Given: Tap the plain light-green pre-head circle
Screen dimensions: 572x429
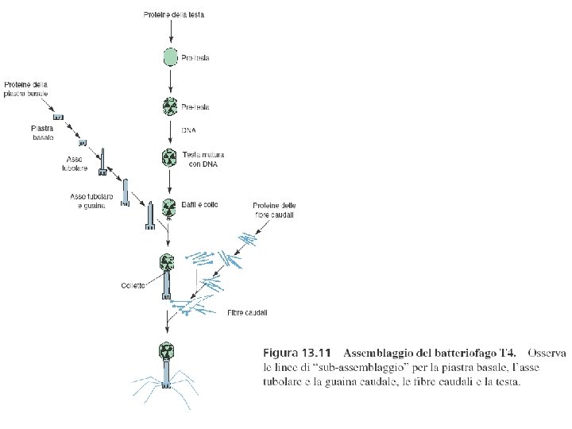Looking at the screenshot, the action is point(169,57).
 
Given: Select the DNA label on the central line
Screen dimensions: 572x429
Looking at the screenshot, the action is point(189,129).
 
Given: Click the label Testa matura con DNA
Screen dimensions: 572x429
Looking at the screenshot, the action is point(198,160).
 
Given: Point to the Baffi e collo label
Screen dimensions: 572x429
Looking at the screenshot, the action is point(200,205).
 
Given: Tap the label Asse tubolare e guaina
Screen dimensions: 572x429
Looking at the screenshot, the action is point(91,200).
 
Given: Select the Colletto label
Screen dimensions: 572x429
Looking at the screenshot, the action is point(133,286).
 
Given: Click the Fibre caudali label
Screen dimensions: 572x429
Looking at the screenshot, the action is point(246,313).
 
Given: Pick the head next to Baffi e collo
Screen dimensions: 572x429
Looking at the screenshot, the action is point(168,207).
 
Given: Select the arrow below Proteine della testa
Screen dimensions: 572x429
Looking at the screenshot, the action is point(168,33).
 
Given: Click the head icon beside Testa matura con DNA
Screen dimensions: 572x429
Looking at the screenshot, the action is point(168,157).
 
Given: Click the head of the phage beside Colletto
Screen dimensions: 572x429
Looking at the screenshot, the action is point(168,261).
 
